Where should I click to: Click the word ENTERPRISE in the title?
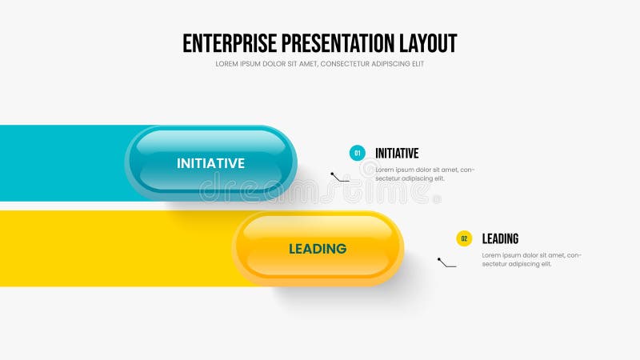click(x=226, y=42)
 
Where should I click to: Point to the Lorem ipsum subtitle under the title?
click(x=319, y=64)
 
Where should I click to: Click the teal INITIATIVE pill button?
click(x=210, y=162)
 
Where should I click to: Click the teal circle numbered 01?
click(x=357, y=153)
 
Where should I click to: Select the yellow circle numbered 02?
click(x=464, y=238)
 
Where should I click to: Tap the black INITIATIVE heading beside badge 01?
click(x=397, y=153)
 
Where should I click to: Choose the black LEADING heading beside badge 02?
click(x=500, y=238)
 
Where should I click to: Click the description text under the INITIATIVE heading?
click(x=425, y=174)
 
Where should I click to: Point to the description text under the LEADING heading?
click(x=531, y=259)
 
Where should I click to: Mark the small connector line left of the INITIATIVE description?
click(x=340, y=177)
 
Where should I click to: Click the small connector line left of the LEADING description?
click(x=446, y=262)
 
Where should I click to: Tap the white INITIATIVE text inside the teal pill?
click(x=210, y=163)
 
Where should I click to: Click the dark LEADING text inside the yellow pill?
click(x=318, y=249)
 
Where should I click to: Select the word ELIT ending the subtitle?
click(x=417, y=64)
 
